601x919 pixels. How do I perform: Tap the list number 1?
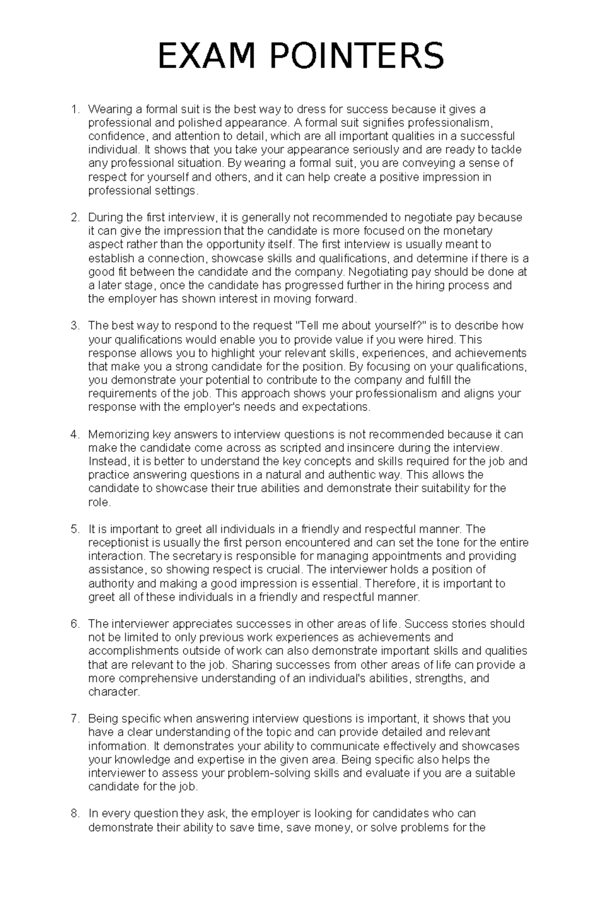coord(75,109)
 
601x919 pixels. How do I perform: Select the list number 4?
coord(75,434)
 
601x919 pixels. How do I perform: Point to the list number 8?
coord(75,813)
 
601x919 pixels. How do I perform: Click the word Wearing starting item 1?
coord(108,109)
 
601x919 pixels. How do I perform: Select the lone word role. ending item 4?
coord(99,502)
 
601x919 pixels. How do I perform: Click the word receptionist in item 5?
coord(118,543)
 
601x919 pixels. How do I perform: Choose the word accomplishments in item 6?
coord(133,651)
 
